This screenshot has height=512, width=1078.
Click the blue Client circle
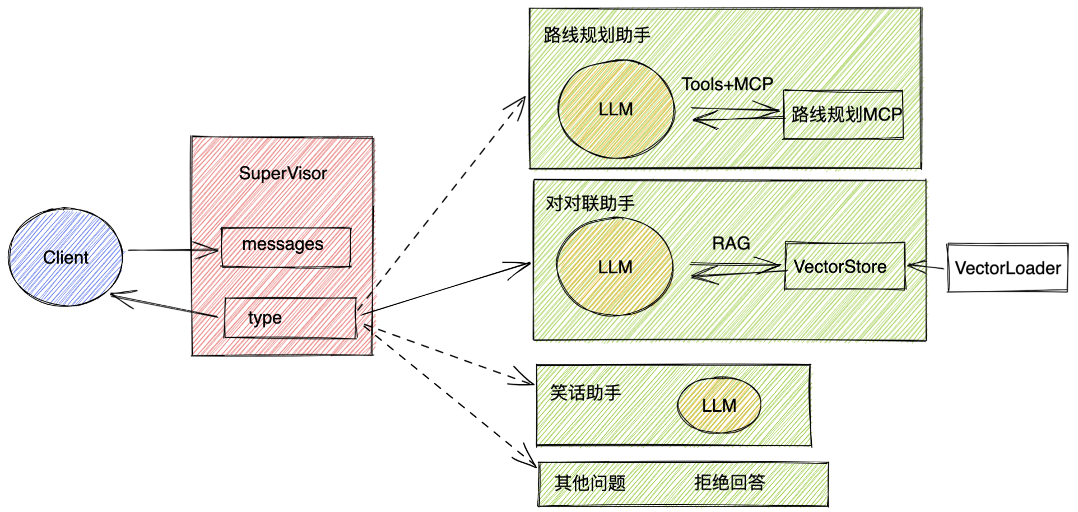66,257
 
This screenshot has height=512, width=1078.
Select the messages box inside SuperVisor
286,247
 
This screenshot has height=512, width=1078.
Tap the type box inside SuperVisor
290,318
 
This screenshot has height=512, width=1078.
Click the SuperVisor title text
283,174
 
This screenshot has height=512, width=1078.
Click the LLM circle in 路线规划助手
616,109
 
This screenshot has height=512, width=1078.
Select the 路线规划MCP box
843,115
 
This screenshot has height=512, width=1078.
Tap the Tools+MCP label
727,85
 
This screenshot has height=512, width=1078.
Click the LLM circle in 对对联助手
615,267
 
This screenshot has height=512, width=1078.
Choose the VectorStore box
845,266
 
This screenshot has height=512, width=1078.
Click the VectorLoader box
1007,268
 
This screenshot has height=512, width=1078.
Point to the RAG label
731,244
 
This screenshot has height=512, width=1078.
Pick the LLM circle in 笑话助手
719,405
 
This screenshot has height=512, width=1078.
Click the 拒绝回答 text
729,482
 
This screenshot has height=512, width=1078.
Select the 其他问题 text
590,483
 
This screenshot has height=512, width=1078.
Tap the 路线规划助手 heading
597,35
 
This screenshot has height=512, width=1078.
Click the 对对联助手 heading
590,203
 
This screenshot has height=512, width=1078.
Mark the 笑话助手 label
586,393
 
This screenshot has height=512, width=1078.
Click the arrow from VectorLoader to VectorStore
926,267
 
